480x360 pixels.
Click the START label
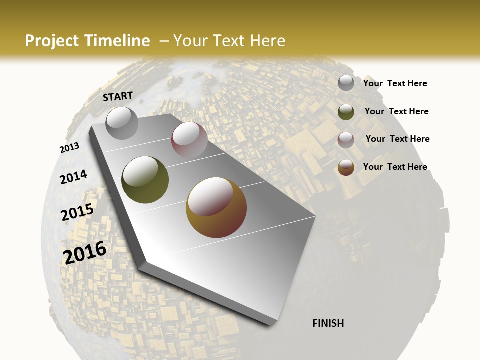[118, 96]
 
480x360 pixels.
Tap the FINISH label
[328, 323]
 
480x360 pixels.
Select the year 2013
[69, 148]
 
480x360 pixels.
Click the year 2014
[73, 177]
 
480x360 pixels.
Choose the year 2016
[85, 253]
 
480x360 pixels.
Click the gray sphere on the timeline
[122, 123]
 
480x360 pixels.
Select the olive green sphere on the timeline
[145, 179]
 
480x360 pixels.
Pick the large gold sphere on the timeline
[216, 207]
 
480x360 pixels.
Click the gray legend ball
[346, 83]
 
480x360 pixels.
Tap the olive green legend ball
[346, 112]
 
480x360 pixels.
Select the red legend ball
[346, 140]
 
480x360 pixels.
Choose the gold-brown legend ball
[346, 167]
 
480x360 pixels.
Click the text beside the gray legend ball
[395, 84]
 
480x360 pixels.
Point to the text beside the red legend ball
[397, 139]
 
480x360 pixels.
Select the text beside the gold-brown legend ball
[395, 167]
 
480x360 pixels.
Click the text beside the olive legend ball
[396, 111]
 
